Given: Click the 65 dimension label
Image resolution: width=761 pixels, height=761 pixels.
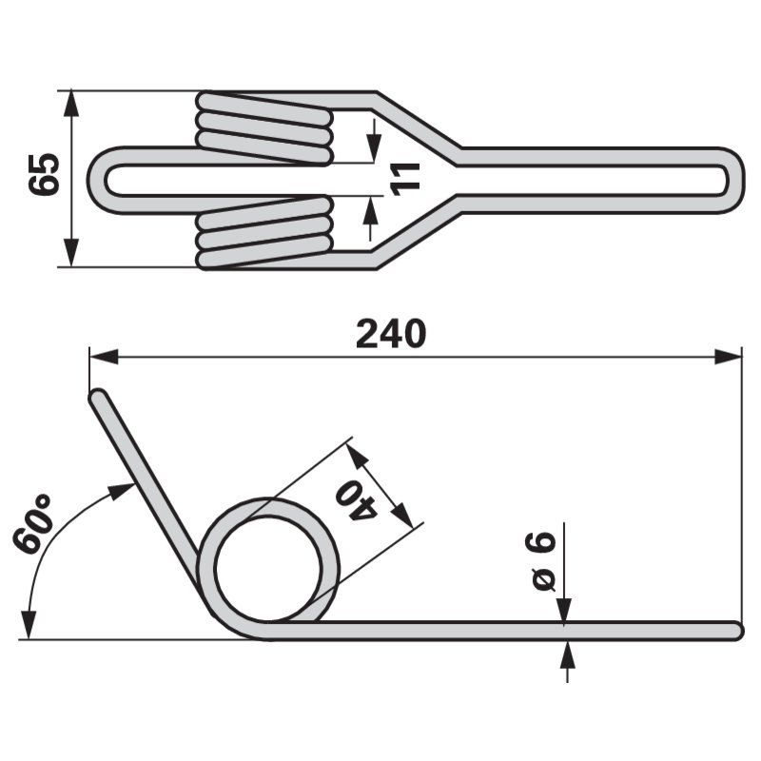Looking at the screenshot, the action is (x=44, y=175).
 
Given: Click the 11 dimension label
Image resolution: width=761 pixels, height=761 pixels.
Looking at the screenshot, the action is (x=405, y=180).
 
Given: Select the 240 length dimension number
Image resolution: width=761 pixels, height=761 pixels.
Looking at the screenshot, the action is (x=391, y=334).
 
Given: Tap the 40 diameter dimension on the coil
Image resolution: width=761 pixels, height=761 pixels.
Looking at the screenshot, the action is (x=357, y=501).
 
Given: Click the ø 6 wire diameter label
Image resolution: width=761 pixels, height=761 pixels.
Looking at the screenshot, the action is (x=543, y=560).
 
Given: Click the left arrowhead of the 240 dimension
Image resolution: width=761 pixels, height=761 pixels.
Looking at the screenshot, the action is (x=104, y=357).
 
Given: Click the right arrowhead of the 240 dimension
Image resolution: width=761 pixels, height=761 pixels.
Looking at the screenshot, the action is (x=728, y=357).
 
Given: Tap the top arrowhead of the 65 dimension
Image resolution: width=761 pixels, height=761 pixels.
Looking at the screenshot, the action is (x=71, y=103).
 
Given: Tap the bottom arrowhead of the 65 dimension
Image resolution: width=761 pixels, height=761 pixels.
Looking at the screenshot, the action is (x=71, y=253).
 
